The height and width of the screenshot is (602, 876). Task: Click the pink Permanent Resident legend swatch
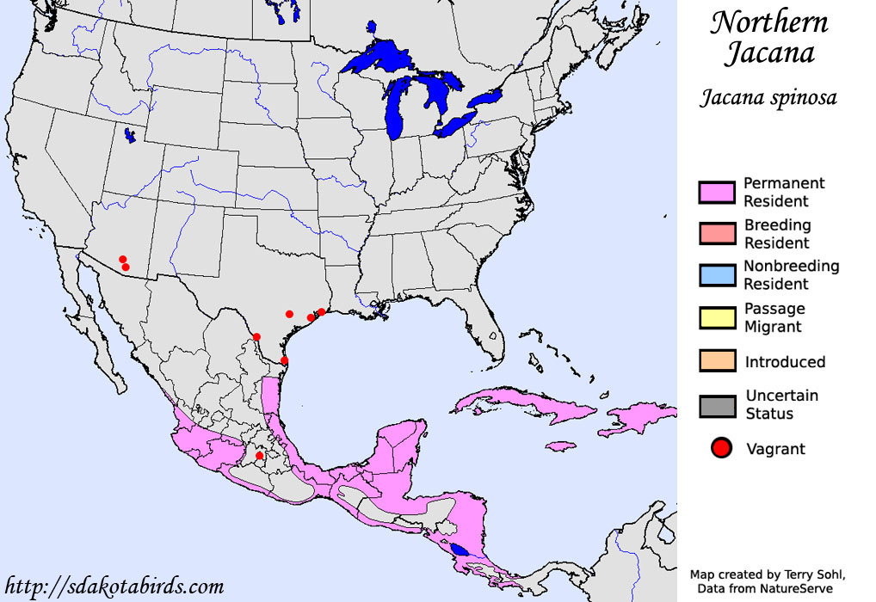[717, 193]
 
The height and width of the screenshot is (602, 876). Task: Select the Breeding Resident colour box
[717, 234]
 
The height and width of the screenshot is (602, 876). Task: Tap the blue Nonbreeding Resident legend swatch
[717, 275]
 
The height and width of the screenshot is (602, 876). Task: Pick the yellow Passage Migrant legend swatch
[717, 317]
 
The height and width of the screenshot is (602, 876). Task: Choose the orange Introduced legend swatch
[717, 361]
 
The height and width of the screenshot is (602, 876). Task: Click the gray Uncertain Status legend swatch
[717, 405]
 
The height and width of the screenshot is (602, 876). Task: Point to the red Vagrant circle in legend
[721, 448]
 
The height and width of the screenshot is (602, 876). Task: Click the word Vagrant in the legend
[775, 449]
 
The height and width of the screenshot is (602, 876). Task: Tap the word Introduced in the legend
[785, 362]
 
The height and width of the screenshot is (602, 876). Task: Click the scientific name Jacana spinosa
[768, 97]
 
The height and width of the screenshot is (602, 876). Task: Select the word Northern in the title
[768, 22]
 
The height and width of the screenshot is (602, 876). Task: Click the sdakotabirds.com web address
[114, 587]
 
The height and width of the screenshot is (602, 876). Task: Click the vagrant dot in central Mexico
[259, 455]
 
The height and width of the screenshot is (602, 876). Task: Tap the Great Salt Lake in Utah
[130, 135]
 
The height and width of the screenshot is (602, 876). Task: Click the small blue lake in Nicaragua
[460, 550]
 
